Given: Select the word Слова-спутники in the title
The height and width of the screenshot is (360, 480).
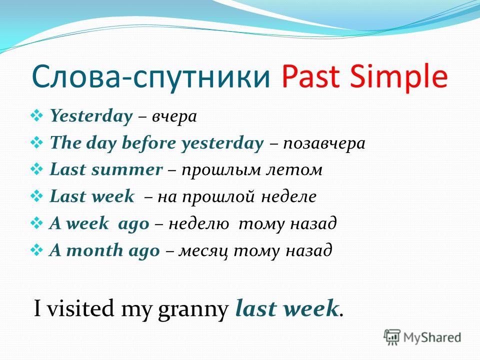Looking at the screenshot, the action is tap(151, 76).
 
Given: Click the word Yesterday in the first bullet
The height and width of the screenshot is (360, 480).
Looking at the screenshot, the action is tap(91, 116).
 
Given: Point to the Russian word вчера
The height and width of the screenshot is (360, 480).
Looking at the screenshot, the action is tap(174, 117).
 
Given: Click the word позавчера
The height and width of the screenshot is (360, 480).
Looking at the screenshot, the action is tap(324, 144).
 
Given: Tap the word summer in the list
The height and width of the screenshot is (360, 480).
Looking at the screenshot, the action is tap(127, 170).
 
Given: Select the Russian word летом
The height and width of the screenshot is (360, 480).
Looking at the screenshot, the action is tap(294, 170).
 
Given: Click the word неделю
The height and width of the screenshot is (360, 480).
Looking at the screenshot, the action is tap(199, 224).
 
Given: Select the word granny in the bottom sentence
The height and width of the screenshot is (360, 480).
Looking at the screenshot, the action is tap(193, 310).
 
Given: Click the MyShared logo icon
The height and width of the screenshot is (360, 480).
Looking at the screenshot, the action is tap(392, 337).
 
